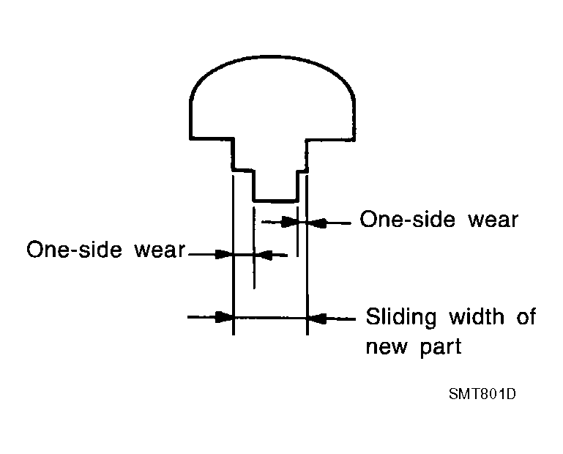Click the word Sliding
tap(401, 318)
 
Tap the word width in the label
tap(477, 316)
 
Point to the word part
tap(441, 347)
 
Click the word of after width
tap(526, 316)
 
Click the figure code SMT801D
tap(482, 394)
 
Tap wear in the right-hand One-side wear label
tap(493, 220)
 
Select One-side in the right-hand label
tap(408, 219)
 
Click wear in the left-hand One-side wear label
tap(160, 250)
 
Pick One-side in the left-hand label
tap(75, 249)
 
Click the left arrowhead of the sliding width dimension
tap(224, 317)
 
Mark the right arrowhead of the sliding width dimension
tap(317, 319)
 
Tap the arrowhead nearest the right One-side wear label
tap(317, 223)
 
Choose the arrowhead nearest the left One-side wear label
tap(224, 255)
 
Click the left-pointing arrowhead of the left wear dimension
tap(264, 256)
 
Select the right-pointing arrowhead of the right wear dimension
tap(288, 222)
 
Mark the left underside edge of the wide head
tap(212, 138)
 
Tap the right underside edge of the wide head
tap(331, 139)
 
